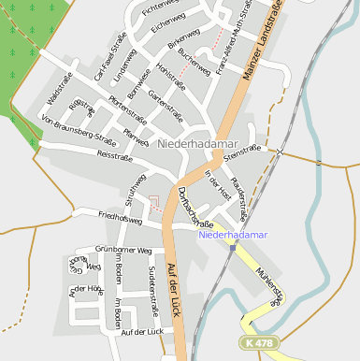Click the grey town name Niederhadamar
[x=202, y=144]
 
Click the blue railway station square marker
[x=233, y=247]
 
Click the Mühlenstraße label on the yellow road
[x=269, y=283]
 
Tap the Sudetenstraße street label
[x=153, y=293]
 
